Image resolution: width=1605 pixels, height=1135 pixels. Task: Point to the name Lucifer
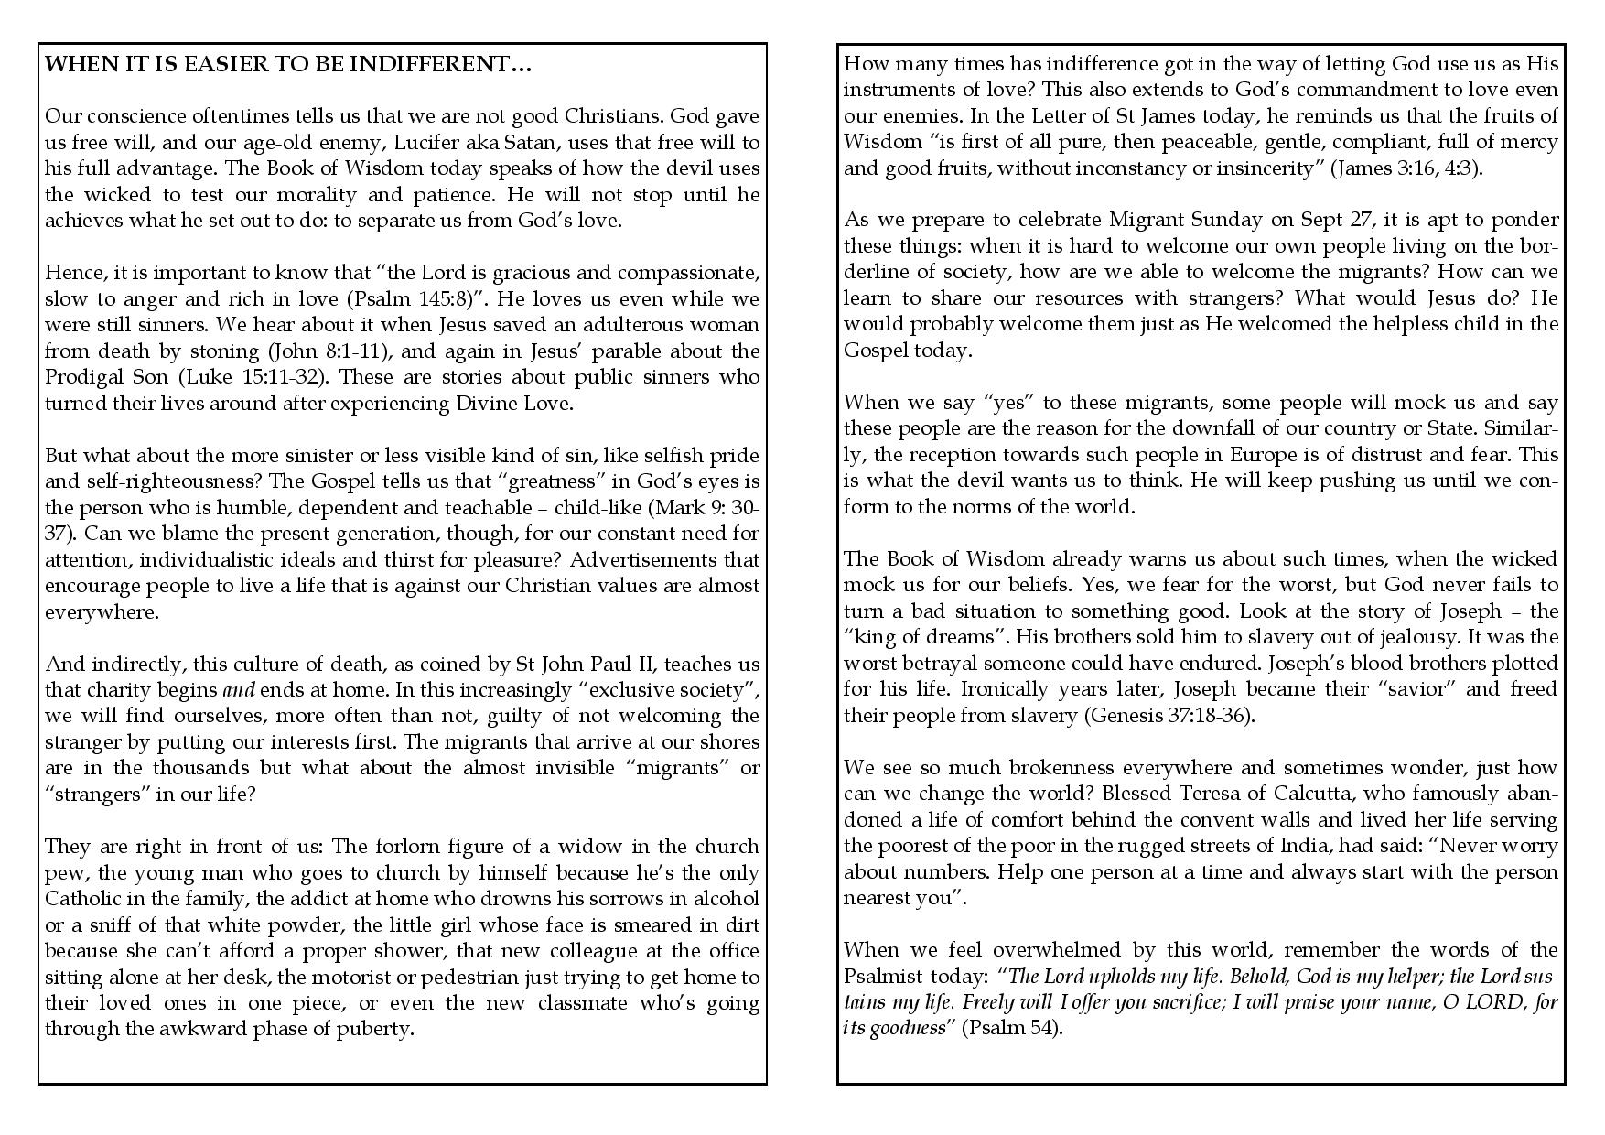[446, 143]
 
